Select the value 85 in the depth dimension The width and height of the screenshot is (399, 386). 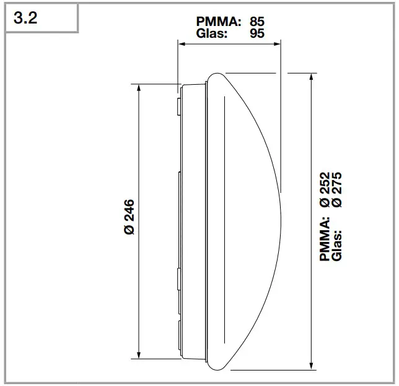click(256, 21)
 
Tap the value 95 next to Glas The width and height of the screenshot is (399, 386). click(256, 33)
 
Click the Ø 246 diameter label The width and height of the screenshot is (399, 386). click(129, 217)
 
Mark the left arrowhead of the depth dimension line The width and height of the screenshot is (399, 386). click(180, 43)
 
